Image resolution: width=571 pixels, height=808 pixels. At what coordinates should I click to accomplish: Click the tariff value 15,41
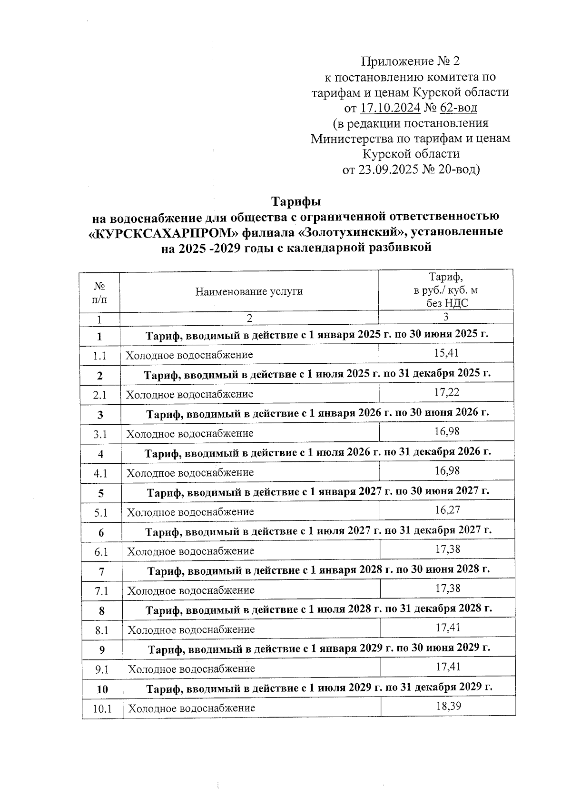(x=446, y=353)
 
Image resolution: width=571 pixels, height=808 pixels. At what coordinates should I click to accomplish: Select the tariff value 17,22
(x=446, y=392)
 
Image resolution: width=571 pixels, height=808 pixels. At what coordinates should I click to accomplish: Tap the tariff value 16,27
(x=447, y=510)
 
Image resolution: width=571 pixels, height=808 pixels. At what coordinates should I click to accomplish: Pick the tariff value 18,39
(x=448, y=706)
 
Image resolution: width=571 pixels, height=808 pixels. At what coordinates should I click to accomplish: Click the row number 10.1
(x=102, y=708)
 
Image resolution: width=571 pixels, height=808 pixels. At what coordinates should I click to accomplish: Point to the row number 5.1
(x=101, y=512)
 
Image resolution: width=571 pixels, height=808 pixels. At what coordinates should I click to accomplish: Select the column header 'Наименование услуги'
(x=249, y=291)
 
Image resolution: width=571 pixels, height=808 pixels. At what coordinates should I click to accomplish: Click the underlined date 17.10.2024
(x=390, y=108)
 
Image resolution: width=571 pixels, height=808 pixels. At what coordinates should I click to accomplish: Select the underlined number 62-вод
(x=458, y=108)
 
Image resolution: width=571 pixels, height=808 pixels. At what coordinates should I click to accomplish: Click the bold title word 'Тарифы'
(x=296, y=201)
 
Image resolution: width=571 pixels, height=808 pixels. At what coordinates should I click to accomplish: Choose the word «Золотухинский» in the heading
(x=354, y=233)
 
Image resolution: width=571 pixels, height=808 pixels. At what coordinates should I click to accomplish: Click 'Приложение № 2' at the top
(x=411, y=61)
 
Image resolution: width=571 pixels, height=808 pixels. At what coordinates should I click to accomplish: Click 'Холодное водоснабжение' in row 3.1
(x=189, y=433)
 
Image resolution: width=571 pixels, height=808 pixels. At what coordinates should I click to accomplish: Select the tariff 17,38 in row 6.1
(x=448, y=549)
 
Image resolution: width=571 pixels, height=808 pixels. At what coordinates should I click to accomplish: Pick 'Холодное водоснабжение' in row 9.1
(x=191, y=668)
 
